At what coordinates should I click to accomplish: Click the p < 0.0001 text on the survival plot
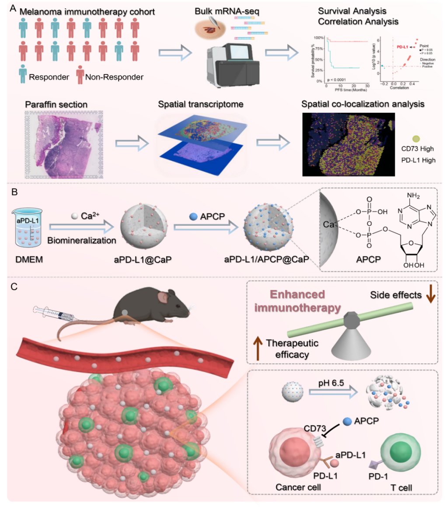point(341,81)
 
